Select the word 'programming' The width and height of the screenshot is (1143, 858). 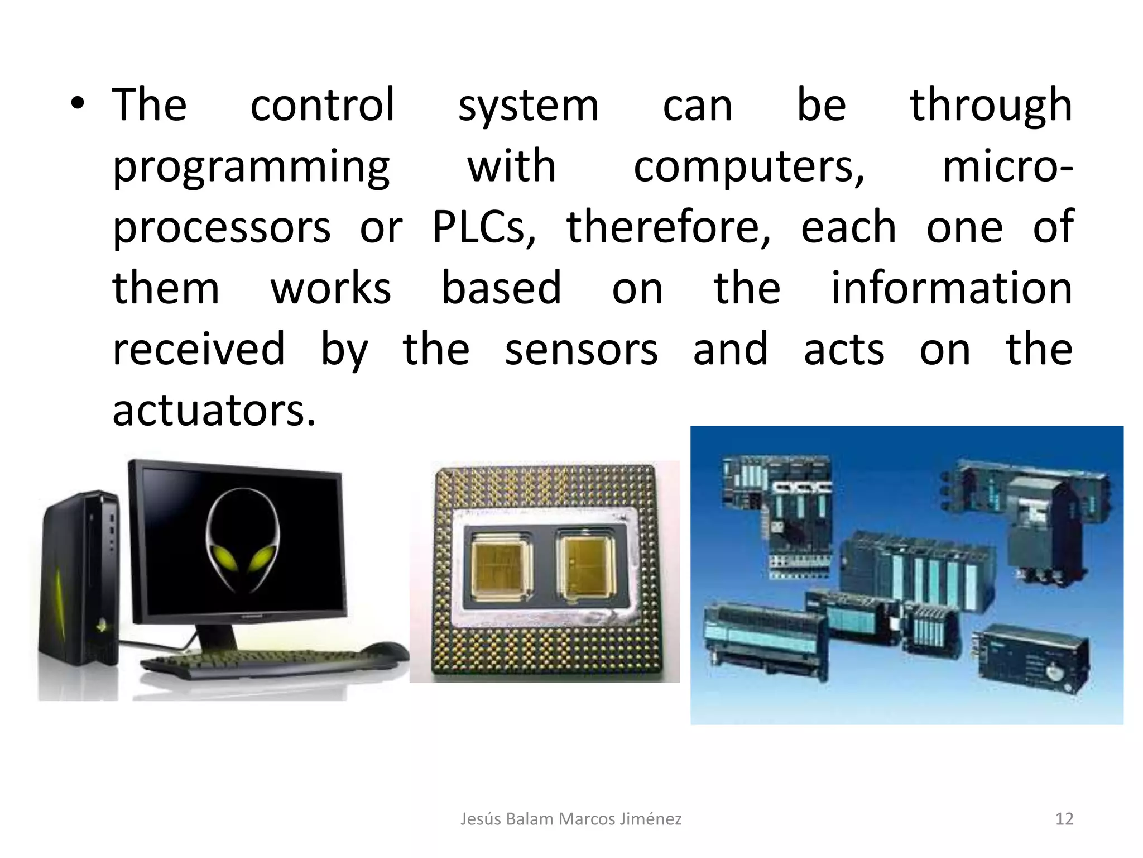click(251, 168)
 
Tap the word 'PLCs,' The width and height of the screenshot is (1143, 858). click(484, 227)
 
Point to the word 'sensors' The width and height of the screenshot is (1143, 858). click(581, 350)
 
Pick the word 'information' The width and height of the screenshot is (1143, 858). click(951, 288)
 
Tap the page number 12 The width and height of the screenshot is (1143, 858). click(1064, 819)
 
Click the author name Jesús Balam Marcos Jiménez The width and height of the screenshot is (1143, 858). click(570, 819)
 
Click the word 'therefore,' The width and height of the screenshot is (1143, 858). click(669, 227)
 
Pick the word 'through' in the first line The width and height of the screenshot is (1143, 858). click(991, 106)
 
